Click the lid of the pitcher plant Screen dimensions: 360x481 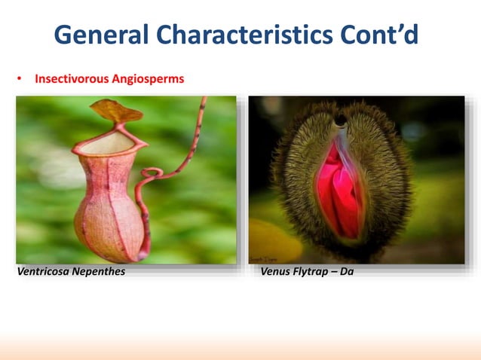(117, 111)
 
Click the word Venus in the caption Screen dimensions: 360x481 (275, 272)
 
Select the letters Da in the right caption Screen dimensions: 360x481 (347, 272)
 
